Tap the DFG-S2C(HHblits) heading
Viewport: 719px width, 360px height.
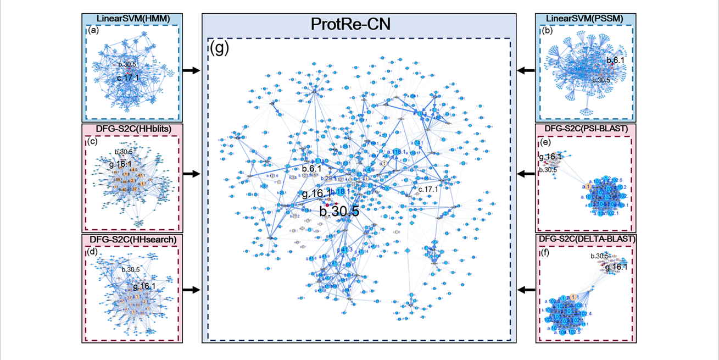coord(131,129)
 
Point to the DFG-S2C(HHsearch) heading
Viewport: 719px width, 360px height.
coord(131,240)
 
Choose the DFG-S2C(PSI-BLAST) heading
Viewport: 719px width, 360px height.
coord(586,129)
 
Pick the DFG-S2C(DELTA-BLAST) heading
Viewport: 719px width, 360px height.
coord(586,240)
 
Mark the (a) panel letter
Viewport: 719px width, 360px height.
coord(93,31)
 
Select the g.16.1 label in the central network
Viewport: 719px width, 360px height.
coord(316,193)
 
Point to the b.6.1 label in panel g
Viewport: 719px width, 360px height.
coord(311,169)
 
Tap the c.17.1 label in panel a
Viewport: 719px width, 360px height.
coord(127,78)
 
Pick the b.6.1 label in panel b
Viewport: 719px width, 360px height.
coord(615,60)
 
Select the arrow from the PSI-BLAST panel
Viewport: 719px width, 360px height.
coord(526,174)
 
